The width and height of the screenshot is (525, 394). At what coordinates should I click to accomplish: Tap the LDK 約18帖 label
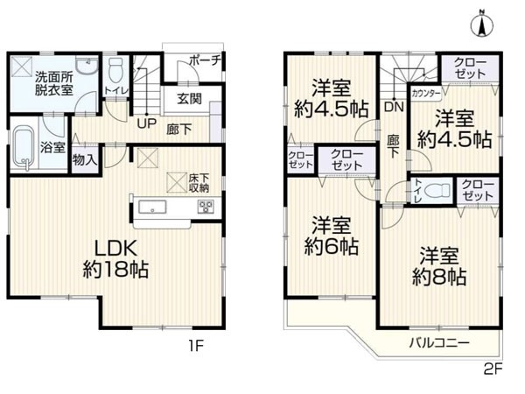coord(115,257)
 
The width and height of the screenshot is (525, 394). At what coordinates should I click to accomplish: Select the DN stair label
coord(393,106)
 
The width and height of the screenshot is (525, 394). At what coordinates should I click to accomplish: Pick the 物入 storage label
coord(85,161)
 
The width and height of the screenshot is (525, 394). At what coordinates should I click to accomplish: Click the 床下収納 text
coord(199,183)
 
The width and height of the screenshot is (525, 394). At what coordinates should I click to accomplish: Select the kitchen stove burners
coord(206,208)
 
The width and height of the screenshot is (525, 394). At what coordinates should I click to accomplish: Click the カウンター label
coord(425,92)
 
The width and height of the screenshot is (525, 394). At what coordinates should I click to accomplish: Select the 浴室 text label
coord(52,147)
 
